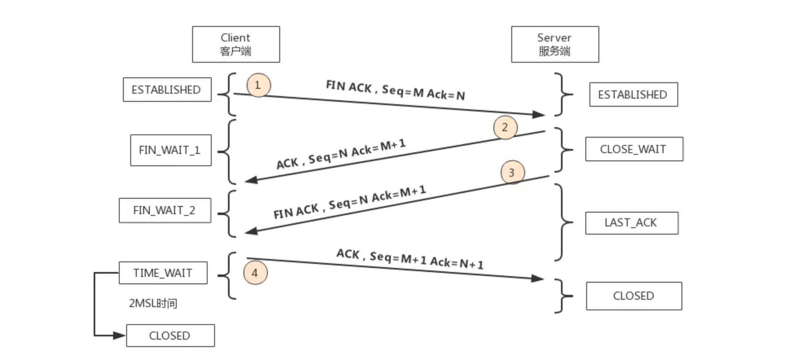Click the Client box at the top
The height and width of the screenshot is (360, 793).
point(236,44)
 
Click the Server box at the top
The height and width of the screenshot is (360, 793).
point(555,44)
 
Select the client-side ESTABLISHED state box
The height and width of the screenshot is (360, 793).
point(167,90)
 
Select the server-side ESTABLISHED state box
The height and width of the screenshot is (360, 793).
point(633,94)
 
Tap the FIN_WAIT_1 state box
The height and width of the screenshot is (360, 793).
point(171,150)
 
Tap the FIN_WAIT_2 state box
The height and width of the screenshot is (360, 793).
point(165,211)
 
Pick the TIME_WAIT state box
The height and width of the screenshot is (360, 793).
point(163,273)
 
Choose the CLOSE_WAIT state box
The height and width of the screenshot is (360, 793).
point(634,149)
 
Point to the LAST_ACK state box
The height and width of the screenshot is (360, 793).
point(631,223)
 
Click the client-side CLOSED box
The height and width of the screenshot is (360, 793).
point(170,336)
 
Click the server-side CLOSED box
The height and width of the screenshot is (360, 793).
point(634,296)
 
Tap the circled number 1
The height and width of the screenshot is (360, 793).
point(258,85)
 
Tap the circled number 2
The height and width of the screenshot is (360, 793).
point(505,127)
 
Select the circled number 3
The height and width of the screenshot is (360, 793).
point(512,172)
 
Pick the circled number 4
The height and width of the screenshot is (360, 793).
point(255,273)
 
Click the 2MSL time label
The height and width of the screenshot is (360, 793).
point(153,303)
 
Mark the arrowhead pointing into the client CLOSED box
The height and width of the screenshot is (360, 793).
point(120,336)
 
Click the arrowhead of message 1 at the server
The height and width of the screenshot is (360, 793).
point(538,114)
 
